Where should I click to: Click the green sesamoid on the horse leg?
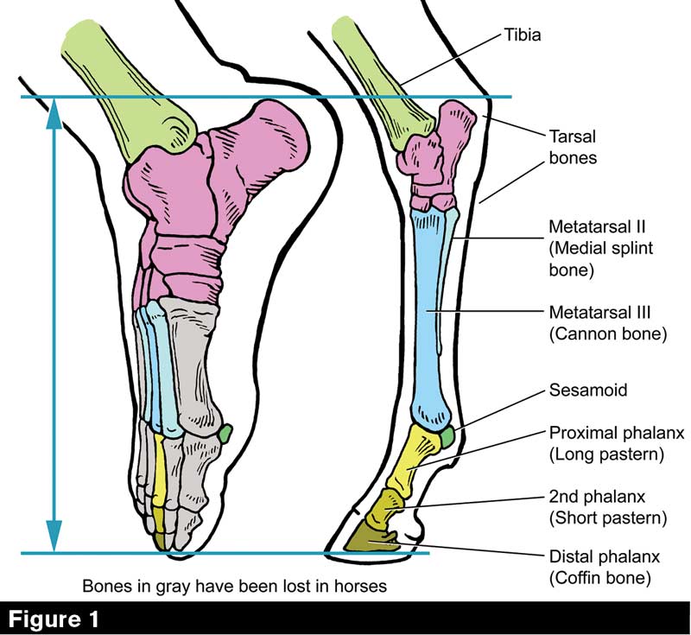point(447,438)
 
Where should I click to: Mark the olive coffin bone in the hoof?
point(371,542)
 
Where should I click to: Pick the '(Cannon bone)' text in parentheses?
point(608,333)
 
